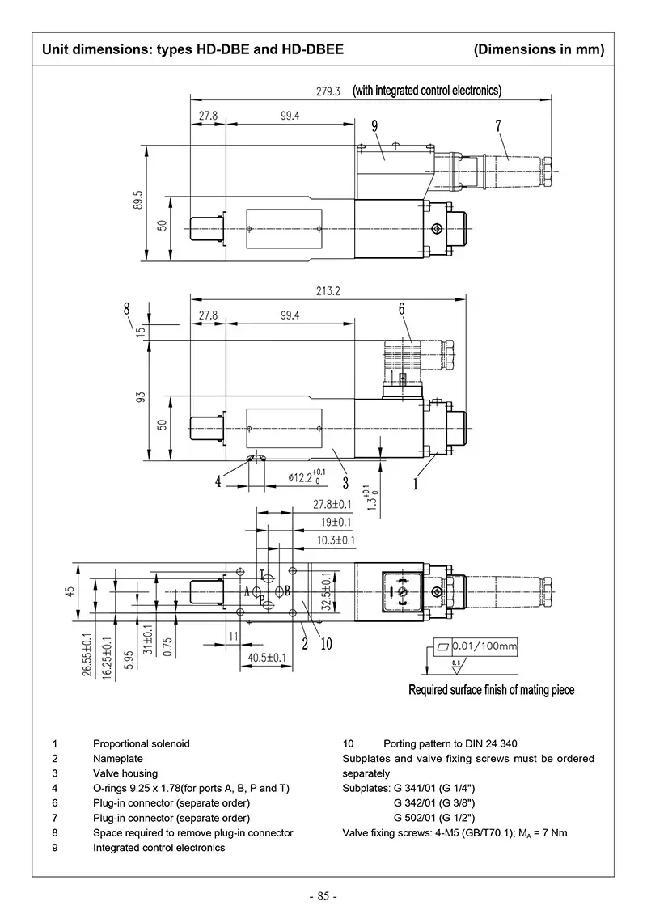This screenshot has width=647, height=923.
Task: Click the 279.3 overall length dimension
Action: coord(328,91)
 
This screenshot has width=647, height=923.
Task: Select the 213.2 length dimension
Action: coord(328,291)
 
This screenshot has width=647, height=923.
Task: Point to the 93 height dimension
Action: coord(140,398)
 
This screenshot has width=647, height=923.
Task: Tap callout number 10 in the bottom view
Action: coord(327,645)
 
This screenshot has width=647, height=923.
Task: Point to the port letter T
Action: coord(262,574)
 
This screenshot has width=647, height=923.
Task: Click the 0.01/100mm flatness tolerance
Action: coord(484,646)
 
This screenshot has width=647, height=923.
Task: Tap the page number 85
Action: coord(323,896)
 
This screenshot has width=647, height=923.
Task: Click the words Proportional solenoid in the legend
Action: coord(141,743)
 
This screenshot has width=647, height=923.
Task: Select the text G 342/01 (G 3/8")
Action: coord(433,802)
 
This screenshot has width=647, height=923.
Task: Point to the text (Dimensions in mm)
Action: coord(539,49)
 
